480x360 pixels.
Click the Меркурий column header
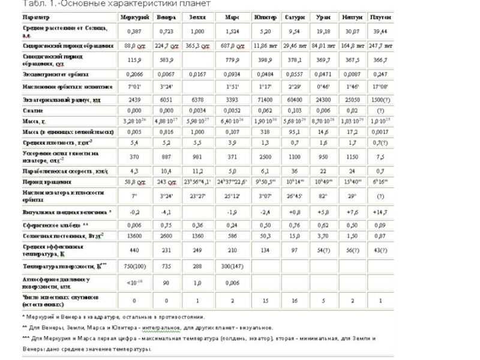point(135,16)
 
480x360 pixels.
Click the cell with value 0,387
point(136,31)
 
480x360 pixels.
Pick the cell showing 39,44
point(380,31)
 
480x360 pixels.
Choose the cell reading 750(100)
point(136,266)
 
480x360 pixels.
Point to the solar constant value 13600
point(136,236)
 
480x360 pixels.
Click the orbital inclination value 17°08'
point(380,87)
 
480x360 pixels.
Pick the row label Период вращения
point(43,181)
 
